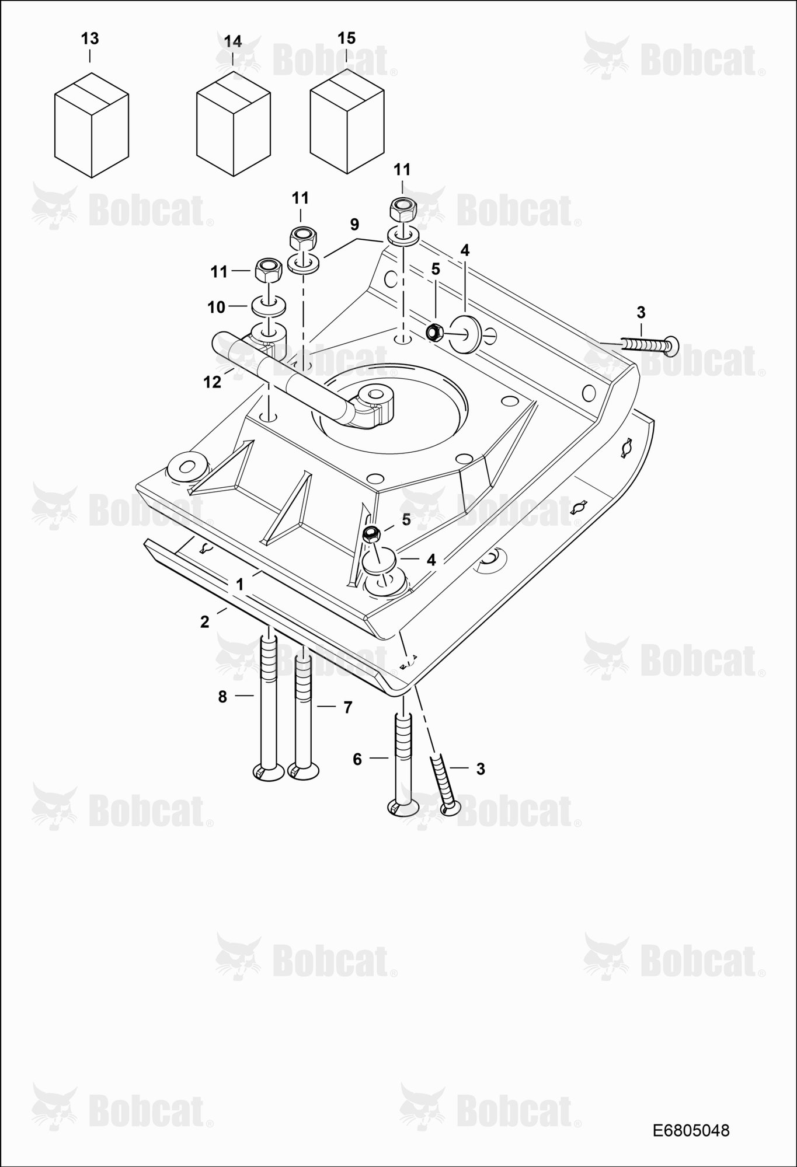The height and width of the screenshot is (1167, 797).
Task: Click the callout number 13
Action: point(89,39)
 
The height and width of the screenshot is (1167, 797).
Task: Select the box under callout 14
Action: point(233,124)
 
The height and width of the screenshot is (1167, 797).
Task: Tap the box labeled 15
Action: point(347,122)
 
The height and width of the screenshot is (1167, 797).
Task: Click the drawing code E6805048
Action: point(691,1130)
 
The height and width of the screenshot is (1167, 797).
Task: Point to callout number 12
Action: point(212,382)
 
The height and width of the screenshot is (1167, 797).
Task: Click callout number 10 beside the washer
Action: point(216,307)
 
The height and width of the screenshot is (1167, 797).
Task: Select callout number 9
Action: point(354,224)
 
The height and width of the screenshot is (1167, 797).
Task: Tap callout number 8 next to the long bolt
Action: point(222,696)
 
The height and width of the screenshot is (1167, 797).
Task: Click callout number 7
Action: point(347,708)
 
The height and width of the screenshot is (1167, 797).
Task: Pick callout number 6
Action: point(357,759)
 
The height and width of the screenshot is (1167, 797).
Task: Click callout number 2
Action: point(204,622)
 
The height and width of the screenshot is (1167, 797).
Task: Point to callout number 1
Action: point(239,584)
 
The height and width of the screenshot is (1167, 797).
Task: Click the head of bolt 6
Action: point(403,807)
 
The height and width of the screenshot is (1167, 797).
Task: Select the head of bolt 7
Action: point(303,771)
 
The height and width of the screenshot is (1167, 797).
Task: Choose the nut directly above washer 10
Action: point(269,269)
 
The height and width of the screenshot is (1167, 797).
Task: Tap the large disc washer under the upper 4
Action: point(467,333)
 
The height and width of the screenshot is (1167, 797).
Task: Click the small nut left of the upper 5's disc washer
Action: point(433,332)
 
